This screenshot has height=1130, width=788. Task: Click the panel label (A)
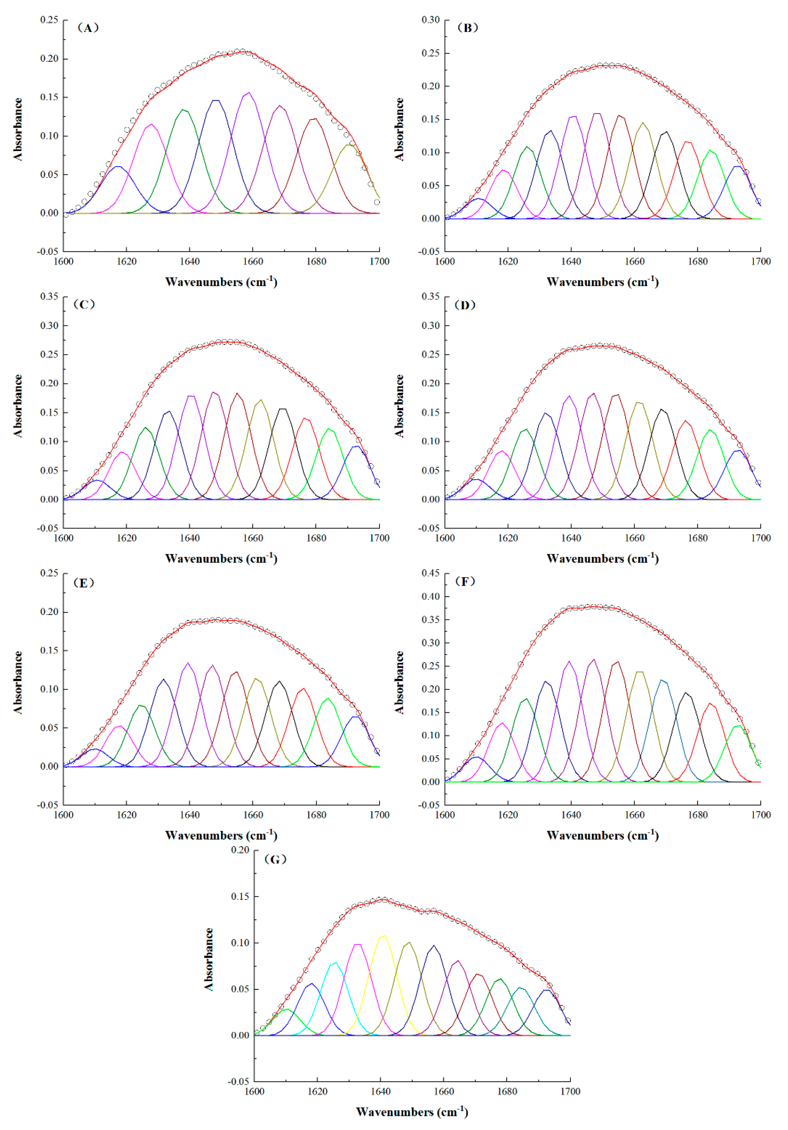pos(88,28)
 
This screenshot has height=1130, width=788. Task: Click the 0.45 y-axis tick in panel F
pos(431,573)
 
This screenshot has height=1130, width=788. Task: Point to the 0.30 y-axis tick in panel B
pos(431,20)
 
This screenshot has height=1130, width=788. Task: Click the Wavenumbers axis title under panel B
pos(602,282)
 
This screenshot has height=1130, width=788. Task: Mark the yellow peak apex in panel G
pos(384,936)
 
